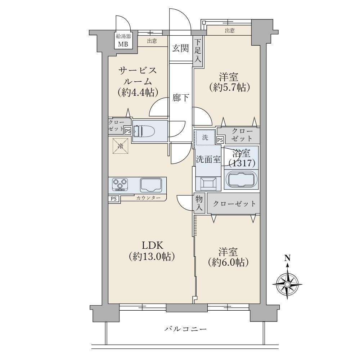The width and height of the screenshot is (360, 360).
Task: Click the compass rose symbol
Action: (x=287, y=284)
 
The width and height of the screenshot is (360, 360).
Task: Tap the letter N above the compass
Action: (x=287, y=258)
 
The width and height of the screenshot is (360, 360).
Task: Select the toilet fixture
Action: (x=144, y=131)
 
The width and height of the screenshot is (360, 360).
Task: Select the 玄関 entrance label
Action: (x=180, y=49)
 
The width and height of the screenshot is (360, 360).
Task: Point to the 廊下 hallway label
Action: (x=180, y=98)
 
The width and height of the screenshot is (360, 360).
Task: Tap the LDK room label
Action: (x=152, y=246)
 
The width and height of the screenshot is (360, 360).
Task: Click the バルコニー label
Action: (x=185, y=329)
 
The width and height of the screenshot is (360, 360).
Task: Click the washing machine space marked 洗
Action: (x=205, y=138)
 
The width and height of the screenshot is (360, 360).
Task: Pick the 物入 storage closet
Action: (x=199, y=203)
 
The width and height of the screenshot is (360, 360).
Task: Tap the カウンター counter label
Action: (x=148, y=198)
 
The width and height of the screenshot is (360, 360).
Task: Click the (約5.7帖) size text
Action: (x=229, y=87)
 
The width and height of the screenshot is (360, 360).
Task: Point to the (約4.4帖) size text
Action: (x=138, y=92)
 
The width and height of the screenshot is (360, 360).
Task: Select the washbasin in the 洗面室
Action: (x=208, y=184)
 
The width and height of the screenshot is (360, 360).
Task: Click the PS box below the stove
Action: (x=114, y=199)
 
